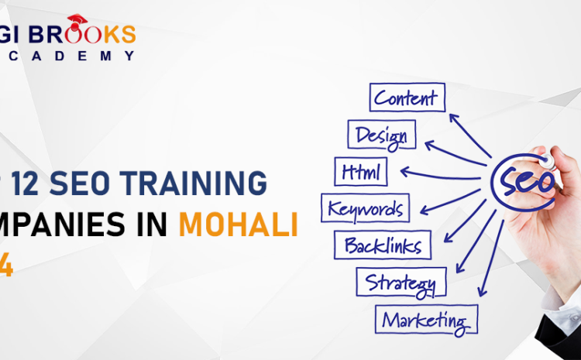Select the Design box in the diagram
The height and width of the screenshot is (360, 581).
pos(382,135)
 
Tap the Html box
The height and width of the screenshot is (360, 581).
pos(361,170)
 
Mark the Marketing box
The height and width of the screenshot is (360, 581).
pos(427,317)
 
